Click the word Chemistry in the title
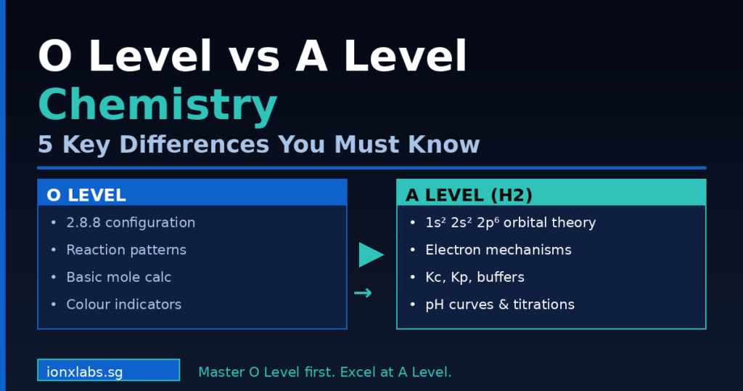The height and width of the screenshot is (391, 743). click(157, 105)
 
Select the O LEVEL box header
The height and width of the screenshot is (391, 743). click(192, 195)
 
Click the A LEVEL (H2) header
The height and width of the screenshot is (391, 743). click(551, 195)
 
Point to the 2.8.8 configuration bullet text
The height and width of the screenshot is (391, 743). click(131, 222)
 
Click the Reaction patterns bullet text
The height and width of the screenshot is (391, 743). click(126, 250)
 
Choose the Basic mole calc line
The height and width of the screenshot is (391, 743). click(118, 277)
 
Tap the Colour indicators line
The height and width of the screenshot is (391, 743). click(123, 305)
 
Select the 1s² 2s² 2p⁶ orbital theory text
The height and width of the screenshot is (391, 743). click(510, 222)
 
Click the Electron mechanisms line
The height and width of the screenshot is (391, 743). click(498, 250)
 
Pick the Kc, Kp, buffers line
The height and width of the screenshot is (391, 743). click(475, 277)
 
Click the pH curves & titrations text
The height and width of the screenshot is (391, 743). click(500, 305)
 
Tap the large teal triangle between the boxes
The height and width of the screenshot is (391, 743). click(370, 254)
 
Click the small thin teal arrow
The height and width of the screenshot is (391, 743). click(363, 294)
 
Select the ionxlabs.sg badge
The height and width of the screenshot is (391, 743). click(108, 370)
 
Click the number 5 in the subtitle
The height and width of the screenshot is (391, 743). click(45, 145)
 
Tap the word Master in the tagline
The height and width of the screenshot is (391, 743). click(220, 372)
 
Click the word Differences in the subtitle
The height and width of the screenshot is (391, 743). click(194, 145)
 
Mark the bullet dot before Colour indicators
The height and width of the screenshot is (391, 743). click(53, 305)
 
